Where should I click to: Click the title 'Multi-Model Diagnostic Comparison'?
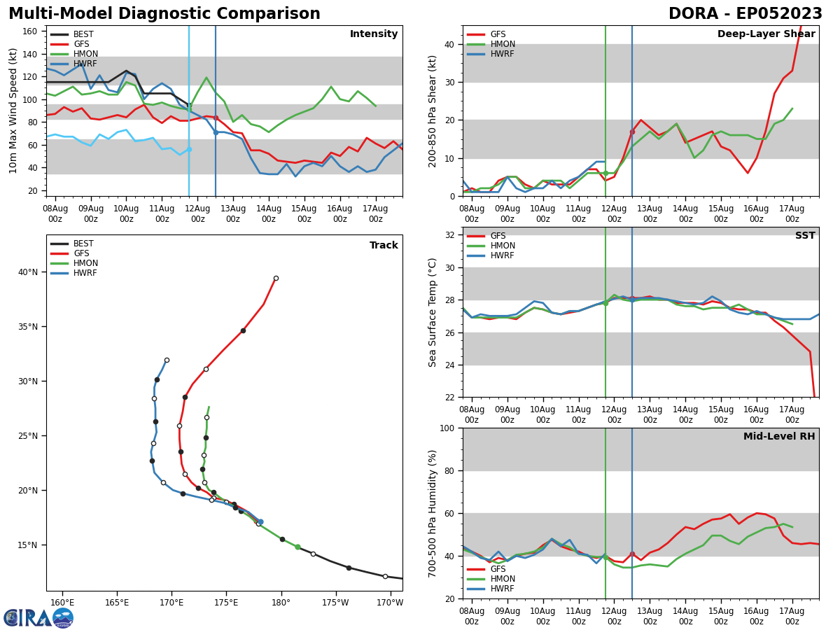(164, 14)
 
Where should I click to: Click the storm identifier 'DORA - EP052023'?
(745, 14)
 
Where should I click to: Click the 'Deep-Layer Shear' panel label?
(766, 34)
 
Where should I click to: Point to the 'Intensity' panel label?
(374, 34)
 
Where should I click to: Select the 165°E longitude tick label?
(117, 603)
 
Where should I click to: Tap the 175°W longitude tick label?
(335, 603)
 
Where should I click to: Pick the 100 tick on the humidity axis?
(447, 428)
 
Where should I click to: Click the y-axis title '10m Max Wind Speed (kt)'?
(14, 111)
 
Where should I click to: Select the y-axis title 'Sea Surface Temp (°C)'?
(433, 312)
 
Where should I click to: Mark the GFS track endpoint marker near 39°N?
(276, 278)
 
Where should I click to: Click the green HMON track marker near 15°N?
(297, 547)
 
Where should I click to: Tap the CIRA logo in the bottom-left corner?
(38, 617)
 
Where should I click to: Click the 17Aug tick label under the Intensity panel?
(376, 213)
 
